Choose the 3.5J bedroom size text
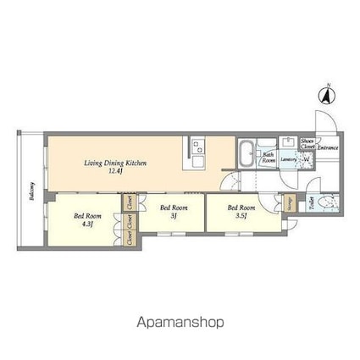[x=242, y=216]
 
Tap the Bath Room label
[x=266, y=157]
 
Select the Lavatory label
[x=287, y=158]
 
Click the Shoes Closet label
[x=307, y=144]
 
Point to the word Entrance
[x=328, y=147]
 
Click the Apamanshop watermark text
[x=179, y=323]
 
